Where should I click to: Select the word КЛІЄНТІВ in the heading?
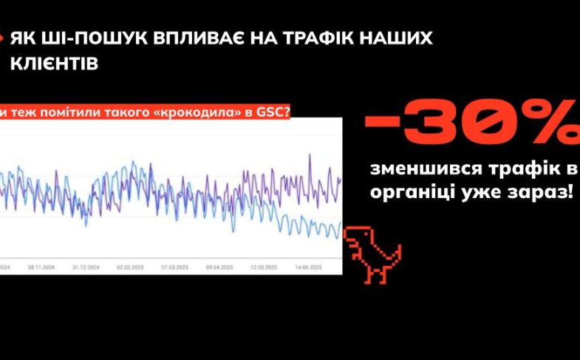tap(53, 64)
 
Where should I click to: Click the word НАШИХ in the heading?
tap(395, 38)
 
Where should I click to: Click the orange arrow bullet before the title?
tap(3, 38)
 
